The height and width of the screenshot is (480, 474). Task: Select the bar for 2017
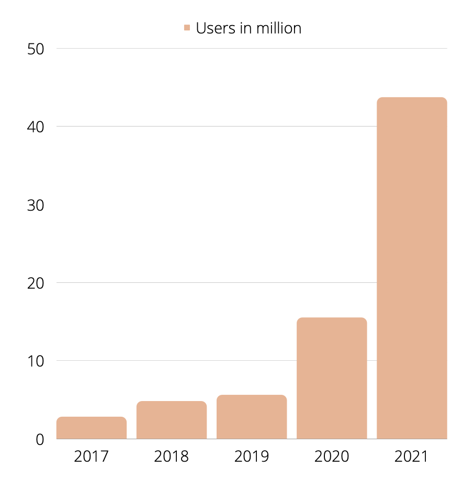click(x=92, y=428)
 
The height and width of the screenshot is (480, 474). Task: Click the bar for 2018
click(x=172, y=420)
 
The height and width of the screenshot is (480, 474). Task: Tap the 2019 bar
click(x=252, y=417)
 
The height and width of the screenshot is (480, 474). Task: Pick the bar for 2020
click(x=332, y=378)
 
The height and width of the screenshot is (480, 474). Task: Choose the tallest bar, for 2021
click(x=412, y=268)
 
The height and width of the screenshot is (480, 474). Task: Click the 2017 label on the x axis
click(x=92, y=456)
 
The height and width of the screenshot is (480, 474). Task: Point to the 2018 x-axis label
click(x=172, y=456)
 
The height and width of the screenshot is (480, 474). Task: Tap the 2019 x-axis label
click(x=252, y=456)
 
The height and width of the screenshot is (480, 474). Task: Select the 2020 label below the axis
click(x=332, y=456)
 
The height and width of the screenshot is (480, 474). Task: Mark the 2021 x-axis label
click(x=412, y=456)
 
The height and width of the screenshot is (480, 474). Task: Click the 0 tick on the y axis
click(x=40, y=440)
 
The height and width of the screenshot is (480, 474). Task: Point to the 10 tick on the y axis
click(x=35, y=361)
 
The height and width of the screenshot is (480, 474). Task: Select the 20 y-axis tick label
click(x=35, y=283)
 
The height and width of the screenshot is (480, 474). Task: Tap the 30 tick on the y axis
click(x=35, y=205)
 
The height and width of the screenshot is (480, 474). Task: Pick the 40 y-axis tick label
click(x=35, y=127)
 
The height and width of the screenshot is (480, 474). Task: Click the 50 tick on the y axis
click(x=35, y=49)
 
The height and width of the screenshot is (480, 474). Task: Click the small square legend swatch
click(x=187, y=28)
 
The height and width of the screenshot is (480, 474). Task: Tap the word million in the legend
click(x=277, y=28)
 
